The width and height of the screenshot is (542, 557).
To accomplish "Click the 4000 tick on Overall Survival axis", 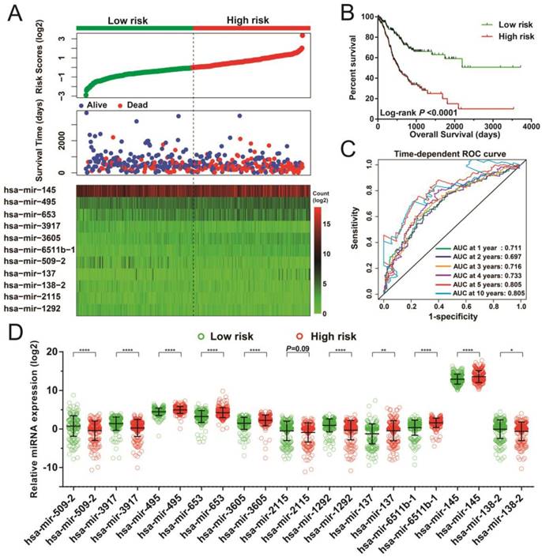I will (530, 126).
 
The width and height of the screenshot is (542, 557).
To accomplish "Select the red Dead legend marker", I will (122, 105).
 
